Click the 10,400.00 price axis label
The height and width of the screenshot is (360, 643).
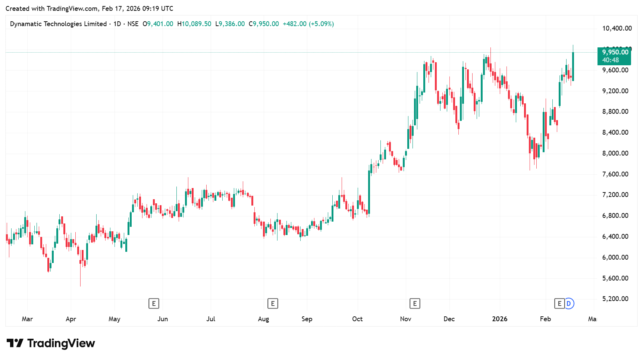(617, 28)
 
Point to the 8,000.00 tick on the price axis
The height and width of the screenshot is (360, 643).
(615, 153)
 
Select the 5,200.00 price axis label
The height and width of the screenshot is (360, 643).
(615, 299)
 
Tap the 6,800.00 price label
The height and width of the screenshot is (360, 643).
(615, 216)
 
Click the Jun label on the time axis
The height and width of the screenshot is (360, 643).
(163, 319)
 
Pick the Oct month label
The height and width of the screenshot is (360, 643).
(357, 319)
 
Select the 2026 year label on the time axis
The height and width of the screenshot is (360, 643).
(499, 319)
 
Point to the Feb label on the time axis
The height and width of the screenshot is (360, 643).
(545, 319)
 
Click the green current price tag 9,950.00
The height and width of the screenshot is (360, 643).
(615, 53)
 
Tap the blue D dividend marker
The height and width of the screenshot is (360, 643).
(569, 304)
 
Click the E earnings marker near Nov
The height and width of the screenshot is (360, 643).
(415, 304)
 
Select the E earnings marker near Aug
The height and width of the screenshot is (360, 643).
(273, 304)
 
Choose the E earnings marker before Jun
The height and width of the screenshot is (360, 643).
(154, 304)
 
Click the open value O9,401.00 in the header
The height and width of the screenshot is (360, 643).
(158, 24)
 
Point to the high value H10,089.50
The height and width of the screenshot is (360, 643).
(194, 24)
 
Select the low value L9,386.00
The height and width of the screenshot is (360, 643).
(230, 24)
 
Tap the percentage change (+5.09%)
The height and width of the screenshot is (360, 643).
(321, 24)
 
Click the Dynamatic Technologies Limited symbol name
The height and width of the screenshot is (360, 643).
(58, 24)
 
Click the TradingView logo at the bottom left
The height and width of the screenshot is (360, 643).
(51, 343)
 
